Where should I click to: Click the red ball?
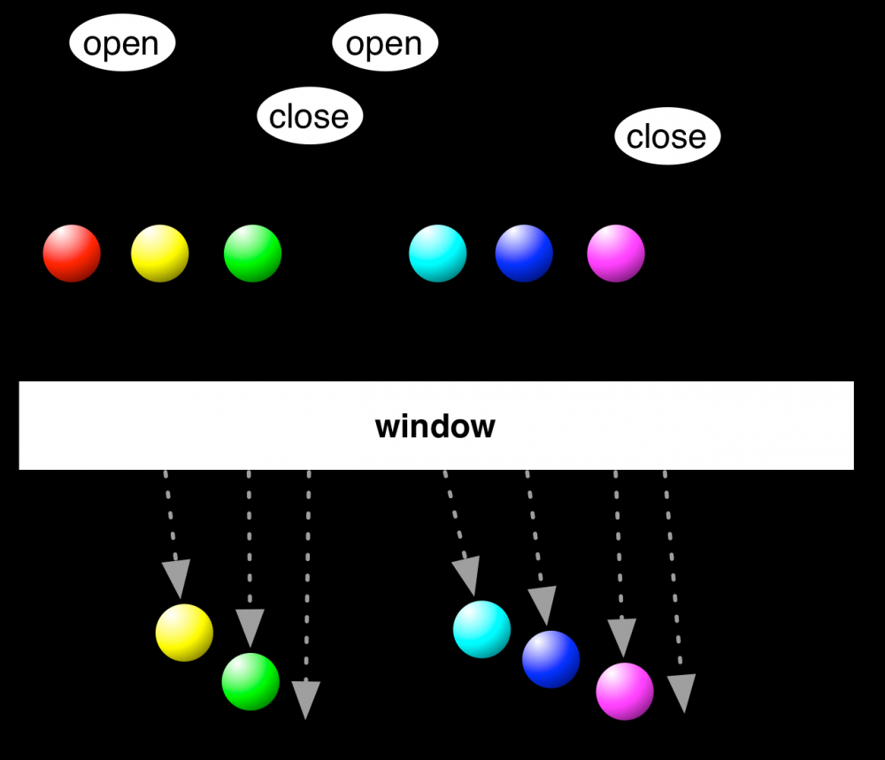[x=72, y=253]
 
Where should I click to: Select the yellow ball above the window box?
[x=160, y=253]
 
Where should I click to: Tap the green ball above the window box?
[x=252, y=253]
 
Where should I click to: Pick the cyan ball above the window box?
[x=437, y=253]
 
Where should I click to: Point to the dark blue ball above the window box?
[x=524, y=253]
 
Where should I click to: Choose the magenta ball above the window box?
[x=616, y=253]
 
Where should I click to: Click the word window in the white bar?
[x=435, y=426]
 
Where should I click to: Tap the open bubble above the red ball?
[x=122, y=43]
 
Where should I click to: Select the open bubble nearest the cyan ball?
[x=385, y=43]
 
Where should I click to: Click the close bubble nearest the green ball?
[x=310, y=116]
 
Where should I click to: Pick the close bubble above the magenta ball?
[x=667, y=136]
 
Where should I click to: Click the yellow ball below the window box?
[x=184, y=633]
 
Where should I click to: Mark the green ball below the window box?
[x=250, y=681]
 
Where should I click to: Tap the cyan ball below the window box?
[x=481, y=629]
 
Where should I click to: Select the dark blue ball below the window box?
[x=550, y=659]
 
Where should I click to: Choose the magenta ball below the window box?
[x=625, y=691]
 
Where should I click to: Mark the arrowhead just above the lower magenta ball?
[x=622, y=637]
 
